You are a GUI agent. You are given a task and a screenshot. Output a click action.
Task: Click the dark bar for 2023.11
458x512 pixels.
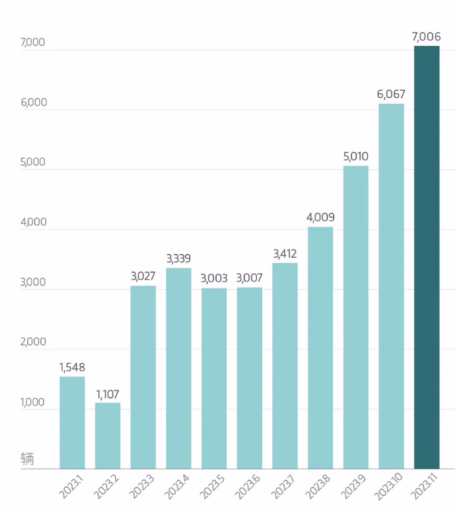pos(427,257)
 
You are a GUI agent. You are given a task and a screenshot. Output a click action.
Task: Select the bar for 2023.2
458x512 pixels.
pos(107,436)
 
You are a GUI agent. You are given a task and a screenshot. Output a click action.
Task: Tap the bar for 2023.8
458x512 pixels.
pos(320,348)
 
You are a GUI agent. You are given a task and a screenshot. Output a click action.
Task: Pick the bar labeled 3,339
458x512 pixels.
pos(179,369)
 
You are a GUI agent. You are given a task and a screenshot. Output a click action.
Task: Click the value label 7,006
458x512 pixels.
pos(427,37)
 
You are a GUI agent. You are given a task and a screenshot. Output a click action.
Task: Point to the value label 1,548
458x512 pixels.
pos(72,367)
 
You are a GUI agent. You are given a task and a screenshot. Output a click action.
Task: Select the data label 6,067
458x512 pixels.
pos(391,94)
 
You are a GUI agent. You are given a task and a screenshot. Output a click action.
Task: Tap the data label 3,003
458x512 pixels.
pos(214,278)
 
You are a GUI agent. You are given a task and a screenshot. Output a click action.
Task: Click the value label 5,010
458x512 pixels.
pos(356,156)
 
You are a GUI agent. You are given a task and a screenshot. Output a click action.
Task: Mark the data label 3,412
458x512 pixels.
pos(285,254)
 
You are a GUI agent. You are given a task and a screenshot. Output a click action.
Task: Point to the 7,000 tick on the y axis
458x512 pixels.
pos(33,42)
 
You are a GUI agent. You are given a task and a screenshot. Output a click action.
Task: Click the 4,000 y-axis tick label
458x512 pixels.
pos(33,222)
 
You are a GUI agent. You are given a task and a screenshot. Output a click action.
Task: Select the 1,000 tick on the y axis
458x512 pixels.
pos(33,402)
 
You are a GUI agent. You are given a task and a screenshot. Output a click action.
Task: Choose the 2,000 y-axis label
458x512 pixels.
pos(33,342)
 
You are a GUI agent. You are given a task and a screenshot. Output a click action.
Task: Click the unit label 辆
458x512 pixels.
pos(27,459)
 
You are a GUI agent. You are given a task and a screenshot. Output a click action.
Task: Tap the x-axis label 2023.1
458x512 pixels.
pos(72,487)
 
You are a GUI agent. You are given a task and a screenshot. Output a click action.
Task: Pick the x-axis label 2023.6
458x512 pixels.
pos(248,487)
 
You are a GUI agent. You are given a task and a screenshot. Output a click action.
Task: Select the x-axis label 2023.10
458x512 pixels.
pos(389,487)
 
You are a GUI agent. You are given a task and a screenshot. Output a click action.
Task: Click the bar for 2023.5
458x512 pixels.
pos(214,379)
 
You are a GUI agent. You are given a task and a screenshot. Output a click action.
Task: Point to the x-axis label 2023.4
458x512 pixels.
pos(177,487)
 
